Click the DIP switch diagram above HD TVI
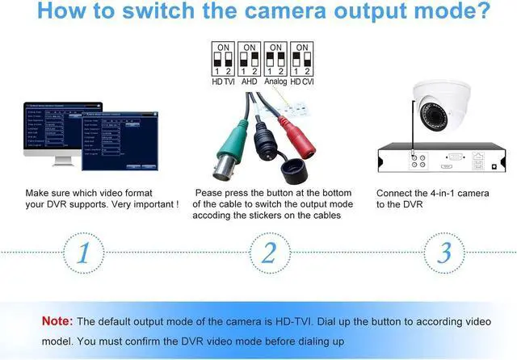click(222, 60)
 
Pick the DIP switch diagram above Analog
click(276, 60)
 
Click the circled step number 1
click(85, 252)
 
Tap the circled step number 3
click(443, 252)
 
